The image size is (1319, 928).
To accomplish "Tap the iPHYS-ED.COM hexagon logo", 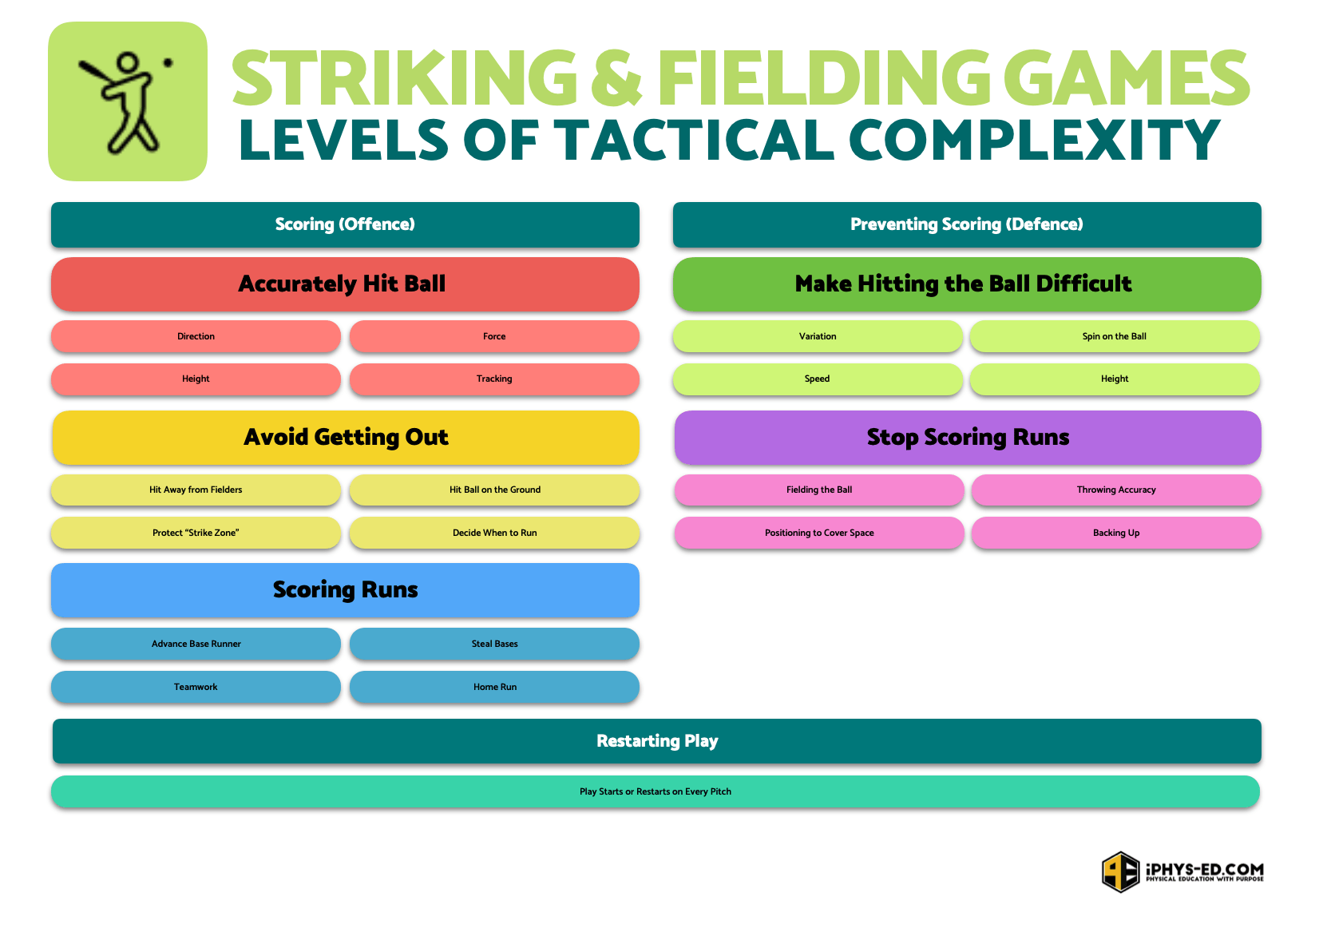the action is [x=1120, y=871].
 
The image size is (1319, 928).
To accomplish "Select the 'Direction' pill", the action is [x=196, y=336].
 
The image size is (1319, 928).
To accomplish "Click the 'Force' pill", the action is [x=494, y=336].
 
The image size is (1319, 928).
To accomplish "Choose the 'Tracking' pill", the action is [x=494, y=379].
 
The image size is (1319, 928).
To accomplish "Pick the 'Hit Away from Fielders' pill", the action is [x=196, y=490].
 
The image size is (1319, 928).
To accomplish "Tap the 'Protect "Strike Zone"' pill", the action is [x=196, y=533].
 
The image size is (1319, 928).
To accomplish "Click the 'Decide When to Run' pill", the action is [x=494, y=533].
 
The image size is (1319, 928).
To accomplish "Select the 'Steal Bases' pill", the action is [x=494, y=644].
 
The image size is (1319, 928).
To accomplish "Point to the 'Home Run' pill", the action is [x=494, y=687].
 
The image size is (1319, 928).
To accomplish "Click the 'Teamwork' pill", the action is [x=196, y=687].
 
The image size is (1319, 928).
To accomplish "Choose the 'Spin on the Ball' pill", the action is [x=1115, y=336].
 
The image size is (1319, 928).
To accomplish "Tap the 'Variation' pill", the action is [x=818, y=336].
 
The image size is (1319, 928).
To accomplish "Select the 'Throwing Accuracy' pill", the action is [x=1116, y=490].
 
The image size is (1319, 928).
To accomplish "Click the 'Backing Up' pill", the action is [x=1116, y=533].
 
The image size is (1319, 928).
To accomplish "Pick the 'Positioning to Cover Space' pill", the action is [x=819, y=533].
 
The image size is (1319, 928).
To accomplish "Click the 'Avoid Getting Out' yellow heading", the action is [x=346, y=438].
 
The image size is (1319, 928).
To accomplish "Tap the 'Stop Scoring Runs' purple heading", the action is [x=968, y=438].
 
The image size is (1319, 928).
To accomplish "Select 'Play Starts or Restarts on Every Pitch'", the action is [x=656, y=791].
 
